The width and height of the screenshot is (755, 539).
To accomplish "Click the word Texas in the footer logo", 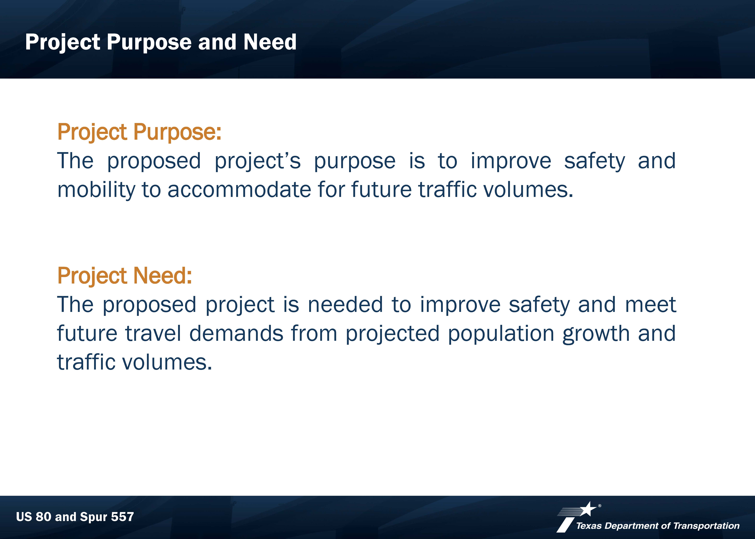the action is [589, 526].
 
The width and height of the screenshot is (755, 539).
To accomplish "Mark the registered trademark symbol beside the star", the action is [600, 506].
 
